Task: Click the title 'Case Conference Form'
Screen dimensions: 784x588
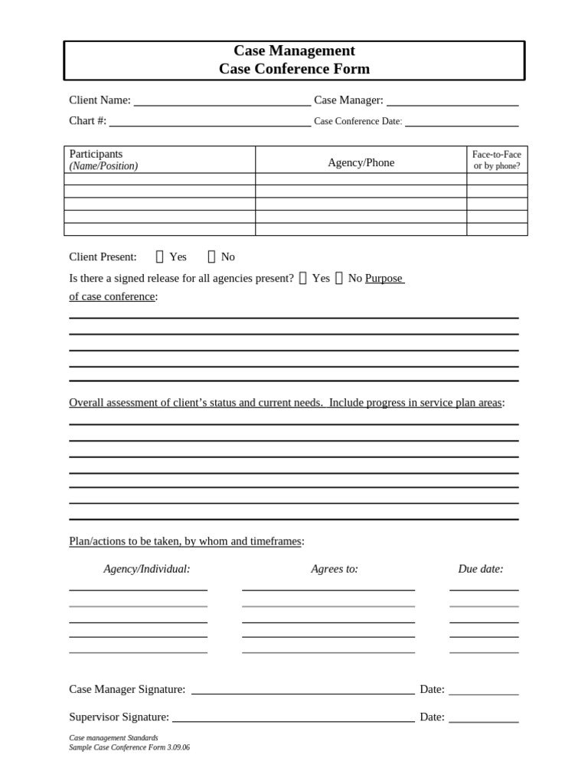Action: click(294, 69)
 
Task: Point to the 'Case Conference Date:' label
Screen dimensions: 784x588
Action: click(358, 121)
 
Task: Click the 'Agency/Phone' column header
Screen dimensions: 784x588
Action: click(361, 162)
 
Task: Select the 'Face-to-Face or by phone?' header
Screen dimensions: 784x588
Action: click(497, 160)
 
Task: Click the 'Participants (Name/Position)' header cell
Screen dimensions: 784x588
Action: click(104, 160)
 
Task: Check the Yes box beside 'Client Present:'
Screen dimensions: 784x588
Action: click(160, 256)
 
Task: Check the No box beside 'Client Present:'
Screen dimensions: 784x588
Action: click(212, 256)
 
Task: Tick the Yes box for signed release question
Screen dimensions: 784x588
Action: click(303, 278)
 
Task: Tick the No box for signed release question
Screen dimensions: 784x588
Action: click(339, 278)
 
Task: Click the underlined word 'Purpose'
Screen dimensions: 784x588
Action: click(384, 278)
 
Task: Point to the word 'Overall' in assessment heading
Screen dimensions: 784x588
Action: click(87, 403)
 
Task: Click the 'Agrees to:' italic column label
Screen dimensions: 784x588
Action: click(335, 569)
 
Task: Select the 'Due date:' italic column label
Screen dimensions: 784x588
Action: click(481, 569)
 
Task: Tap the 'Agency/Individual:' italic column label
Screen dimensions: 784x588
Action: click(147, 569)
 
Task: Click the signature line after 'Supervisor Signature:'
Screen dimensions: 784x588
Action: click(293, 720)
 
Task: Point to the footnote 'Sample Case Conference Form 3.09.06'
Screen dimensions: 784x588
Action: click(129, 747)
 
